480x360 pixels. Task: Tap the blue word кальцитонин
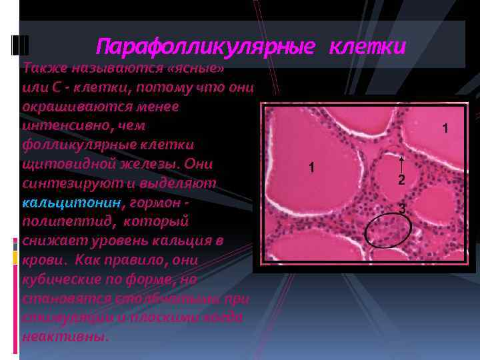pos(72,202)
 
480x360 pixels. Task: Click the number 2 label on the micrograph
pos(401,180)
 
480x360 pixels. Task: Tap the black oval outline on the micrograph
pos(389,231)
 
